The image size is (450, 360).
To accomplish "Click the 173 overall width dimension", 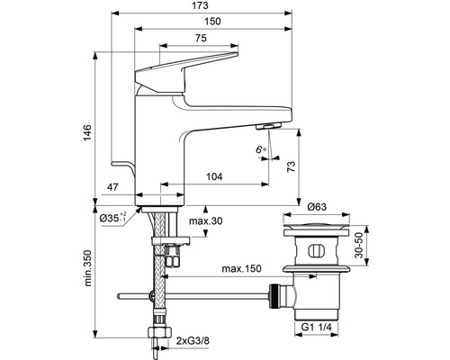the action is click(201, 5).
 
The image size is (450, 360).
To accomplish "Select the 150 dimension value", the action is click(212, 22).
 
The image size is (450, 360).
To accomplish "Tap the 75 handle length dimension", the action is click(201, 38).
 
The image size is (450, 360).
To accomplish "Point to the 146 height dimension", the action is click(87, 133).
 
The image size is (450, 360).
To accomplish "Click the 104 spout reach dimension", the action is click(214, 176).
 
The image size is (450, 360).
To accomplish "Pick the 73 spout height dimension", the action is click(291, 166).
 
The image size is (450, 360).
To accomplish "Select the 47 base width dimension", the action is click(112, 187).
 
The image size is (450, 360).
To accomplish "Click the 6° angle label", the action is click(261, 149).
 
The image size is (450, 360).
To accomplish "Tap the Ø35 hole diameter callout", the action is click(113, 218).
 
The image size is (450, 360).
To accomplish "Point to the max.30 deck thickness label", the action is click(206, 221).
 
